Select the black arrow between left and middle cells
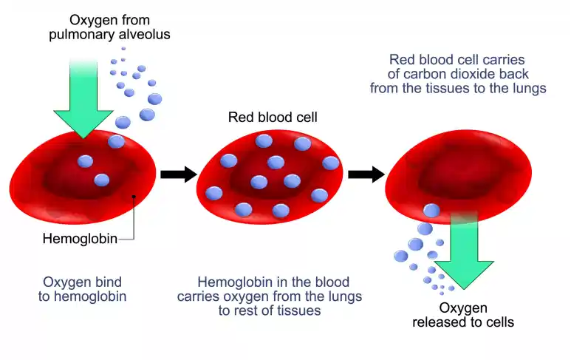(178, 174)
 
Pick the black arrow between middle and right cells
(366, 174)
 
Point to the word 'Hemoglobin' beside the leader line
(73, 239)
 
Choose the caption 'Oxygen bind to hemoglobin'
(82, 289)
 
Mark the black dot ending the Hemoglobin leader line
(134, 197)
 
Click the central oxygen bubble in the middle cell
(258, 182)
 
